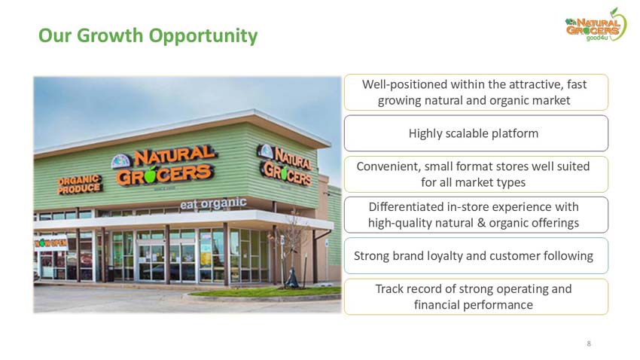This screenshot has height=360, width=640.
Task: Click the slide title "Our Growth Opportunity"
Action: coord(148,35)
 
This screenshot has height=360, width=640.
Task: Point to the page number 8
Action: coord(588,343)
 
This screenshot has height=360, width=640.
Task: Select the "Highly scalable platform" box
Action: coord(475,133)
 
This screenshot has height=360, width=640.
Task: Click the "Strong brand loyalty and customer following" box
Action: coord(475,256)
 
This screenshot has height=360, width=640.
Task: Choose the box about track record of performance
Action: coord(475,297)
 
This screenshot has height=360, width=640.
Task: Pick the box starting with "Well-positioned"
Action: coord(475,93)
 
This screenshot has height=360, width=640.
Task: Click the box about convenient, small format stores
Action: coord(475,174)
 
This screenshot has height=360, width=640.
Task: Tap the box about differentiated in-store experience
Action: coord(475,215)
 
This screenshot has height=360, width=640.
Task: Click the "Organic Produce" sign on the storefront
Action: coord(80,183)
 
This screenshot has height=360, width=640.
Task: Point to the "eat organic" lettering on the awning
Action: coord(213,203)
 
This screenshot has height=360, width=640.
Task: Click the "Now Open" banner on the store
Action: coord(50,243)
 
